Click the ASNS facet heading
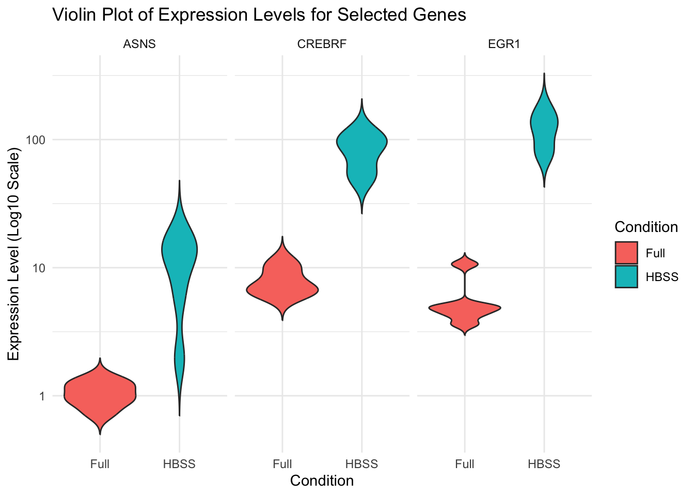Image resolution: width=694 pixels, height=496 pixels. point(139,44)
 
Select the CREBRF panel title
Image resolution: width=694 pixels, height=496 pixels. point(322,44)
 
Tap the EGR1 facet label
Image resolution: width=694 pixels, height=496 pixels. point(504,44)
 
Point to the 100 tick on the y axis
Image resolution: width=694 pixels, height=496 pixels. point(36,140)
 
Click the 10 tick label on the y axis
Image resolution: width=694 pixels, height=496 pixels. point(39,268)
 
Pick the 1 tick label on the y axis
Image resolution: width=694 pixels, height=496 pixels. point(42,396)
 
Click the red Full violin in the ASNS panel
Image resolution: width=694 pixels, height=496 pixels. point(100,396)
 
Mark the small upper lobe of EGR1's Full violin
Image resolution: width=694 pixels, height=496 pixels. point(465,263)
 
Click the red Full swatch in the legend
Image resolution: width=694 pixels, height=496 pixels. point(626,253)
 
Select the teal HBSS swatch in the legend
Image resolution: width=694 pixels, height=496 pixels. point(626,276)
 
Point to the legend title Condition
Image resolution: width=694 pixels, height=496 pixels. point(646,227)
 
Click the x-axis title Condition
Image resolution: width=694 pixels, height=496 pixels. point(322,481)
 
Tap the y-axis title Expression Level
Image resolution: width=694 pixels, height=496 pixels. point(13,254)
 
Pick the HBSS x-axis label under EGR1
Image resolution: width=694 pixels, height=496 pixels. point(544,464)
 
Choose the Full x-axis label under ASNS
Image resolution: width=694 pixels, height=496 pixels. point(100,464)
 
